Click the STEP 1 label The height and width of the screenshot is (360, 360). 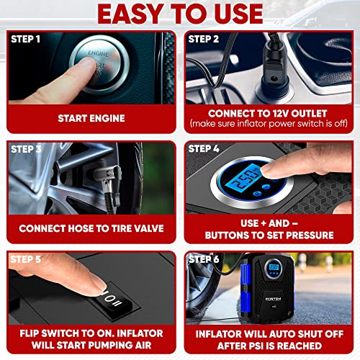pyautogui.click(x=26, y=39)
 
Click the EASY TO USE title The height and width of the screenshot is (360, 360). pyautogui.click(x=180, y=13)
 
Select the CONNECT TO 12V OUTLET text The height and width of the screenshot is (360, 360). pyautogui.click(x=269, y=114)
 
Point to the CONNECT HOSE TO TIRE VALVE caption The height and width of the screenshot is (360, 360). pyautogui.click(x=91, y=229)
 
